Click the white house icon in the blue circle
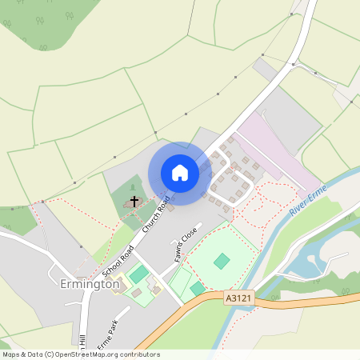(x=180, y=173)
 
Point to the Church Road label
(x=156, y=216)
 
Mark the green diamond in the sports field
(x=222, y=260)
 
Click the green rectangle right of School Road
(x=139, y=274)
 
